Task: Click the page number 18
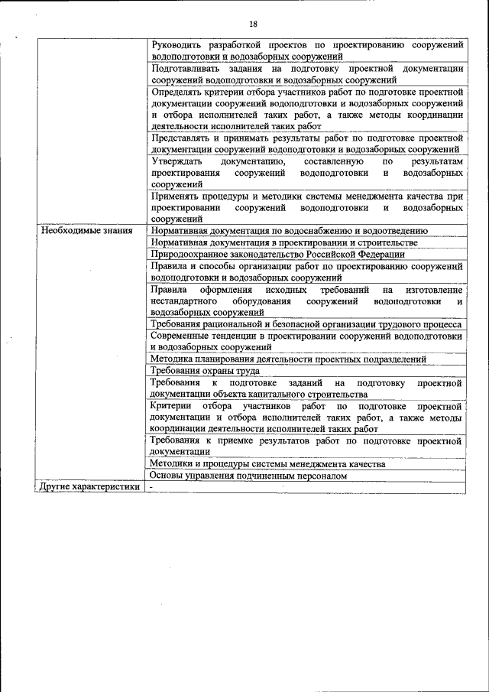[x=253, y=24]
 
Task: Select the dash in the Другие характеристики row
[x=152, y=487]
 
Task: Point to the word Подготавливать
[x=189, y=68]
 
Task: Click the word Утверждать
[x=176, y=162]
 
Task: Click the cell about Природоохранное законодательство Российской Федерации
[x=277, y=254]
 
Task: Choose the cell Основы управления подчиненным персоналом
[x=248, y=476]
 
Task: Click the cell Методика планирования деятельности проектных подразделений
[x=288, y=359]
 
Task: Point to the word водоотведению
[x=390, y=230]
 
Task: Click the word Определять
[x=181, y=91]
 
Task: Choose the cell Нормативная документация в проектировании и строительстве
[x=284, y=242]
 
